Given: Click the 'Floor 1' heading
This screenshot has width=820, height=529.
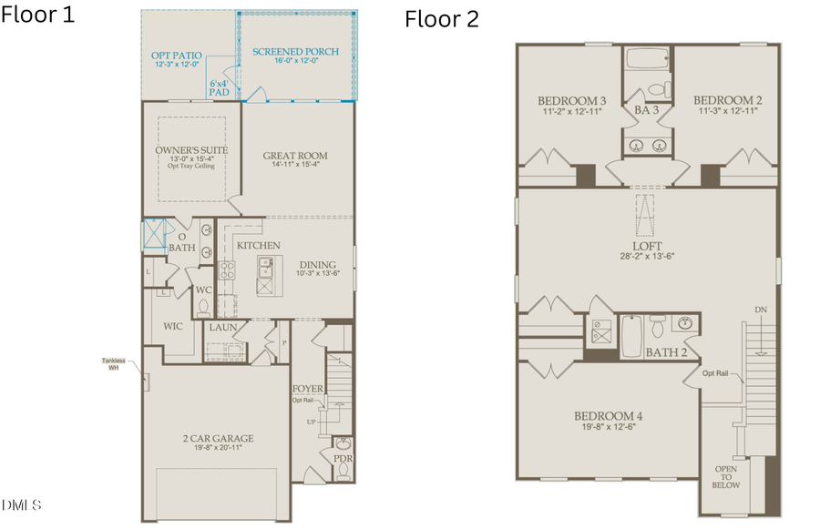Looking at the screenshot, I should point(37,15).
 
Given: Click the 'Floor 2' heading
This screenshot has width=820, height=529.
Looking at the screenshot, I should point(442,19).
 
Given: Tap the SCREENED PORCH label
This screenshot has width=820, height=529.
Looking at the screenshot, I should point(295,52).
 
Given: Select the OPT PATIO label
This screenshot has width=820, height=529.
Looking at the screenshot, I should point(176,56).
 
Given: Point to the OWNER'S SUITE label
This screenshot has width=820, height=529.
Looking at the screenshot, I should point(191,149).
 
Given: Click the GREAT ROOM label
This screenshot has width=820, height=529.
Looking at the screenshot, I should point(294,155).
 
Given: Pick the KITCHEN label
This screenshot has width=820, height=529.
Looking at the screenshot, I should point(258,246).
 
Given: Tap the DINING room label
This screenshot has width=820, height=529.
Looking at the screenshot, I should point(317,265).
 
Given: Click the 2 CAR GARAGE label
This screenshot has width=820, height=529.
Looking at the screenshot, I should point(217,438).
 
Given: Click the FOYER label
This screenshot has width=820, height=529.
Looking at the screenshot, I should point(308,389).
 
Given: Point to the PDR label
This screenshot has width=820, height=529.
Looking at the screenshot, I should point(343,459).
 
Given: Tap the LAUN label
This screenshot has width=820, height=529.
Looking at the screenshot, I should point(223,327).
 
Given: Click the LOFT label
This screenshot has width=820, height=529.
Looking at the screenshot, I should point(647,246).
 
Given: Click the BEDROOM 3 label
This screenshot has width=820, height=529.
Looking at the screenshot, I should point(571,100).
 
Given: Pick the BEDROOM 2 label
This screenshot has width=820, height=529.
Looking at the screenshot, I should point(727,100).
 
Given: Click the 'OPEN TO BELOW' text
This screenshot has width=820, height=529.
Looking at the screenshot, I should point(726,476).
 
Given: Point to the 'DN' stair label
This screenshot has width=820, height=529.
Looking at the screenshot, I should point(760,310).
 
